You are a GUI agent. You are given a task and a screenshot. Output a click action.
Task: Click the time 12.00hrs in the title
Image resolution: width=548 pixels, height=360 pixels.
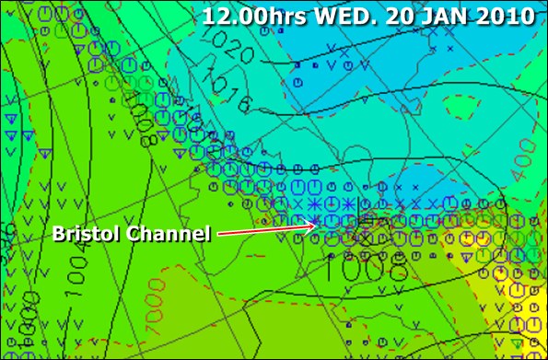pyautogui.click(x=249, y=16)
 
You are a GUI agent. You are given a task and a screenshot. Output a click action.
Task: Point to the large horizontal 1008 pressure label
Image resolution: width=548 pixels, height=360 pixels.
pyautogui.click(x=367, y=267)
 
